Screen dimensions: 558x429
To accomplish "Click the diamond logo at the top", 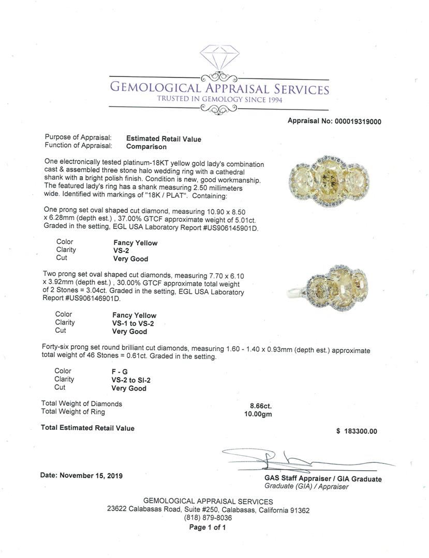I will pos(219,56).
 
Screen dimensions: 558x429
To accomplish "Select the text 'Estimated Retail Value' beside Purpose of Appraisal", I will pos(164,139).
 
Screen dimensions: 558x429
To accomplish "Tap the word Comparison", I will pos(147,147).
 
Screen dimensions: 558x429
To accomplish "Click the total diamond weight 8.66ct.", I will pos(258,406).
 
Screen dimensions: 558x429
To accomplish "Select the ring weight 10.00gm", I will pos(258,414).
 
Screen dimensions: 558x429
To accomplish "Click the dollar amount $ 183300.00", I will pos(357,431).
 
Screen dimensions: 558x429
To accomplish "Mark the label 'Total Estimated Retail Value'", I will pos(87,428).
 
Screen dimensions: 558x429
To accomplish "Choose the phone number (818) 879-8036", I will pos(208,518).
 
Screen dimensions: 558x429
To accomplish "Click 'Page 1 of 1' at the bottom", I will pos(208,528).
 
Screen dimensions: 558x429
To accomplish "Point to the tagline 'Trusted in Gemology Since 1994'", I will pos(220,100).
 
